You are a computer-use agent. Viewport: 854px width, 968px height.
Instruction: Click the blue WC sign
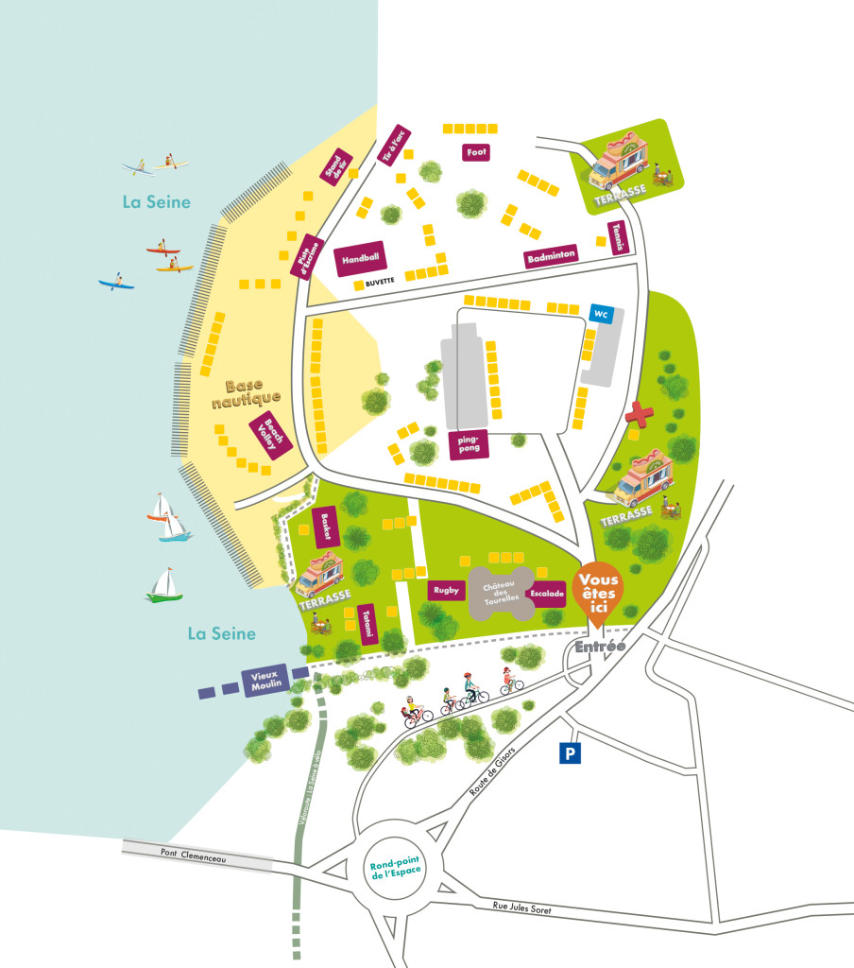tap(600, 314)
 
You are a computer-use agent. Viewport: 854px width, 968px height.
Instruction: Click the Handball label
tap(362, 257)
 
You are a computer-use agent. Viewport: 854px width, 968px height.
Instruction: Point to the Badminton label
tap(552, 256)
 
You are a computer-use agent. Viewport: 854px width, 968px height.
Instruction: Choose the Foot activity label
tap(477, 151)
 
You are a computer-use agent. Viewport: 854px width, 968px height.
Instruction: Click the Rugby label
tap(446, 590)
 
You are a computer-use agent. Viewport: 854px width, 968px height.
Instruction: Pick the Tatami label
tap(368, 623)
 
